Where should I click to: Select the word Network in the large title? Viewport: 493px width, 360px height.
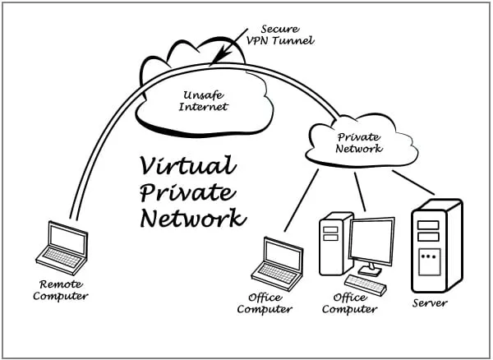pos(192,219)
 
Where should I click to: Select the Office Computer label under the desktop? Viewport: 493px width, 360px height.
pos(349,303)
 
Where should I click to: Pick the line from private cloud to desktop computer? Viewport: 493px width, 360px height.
pos(360,190)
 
